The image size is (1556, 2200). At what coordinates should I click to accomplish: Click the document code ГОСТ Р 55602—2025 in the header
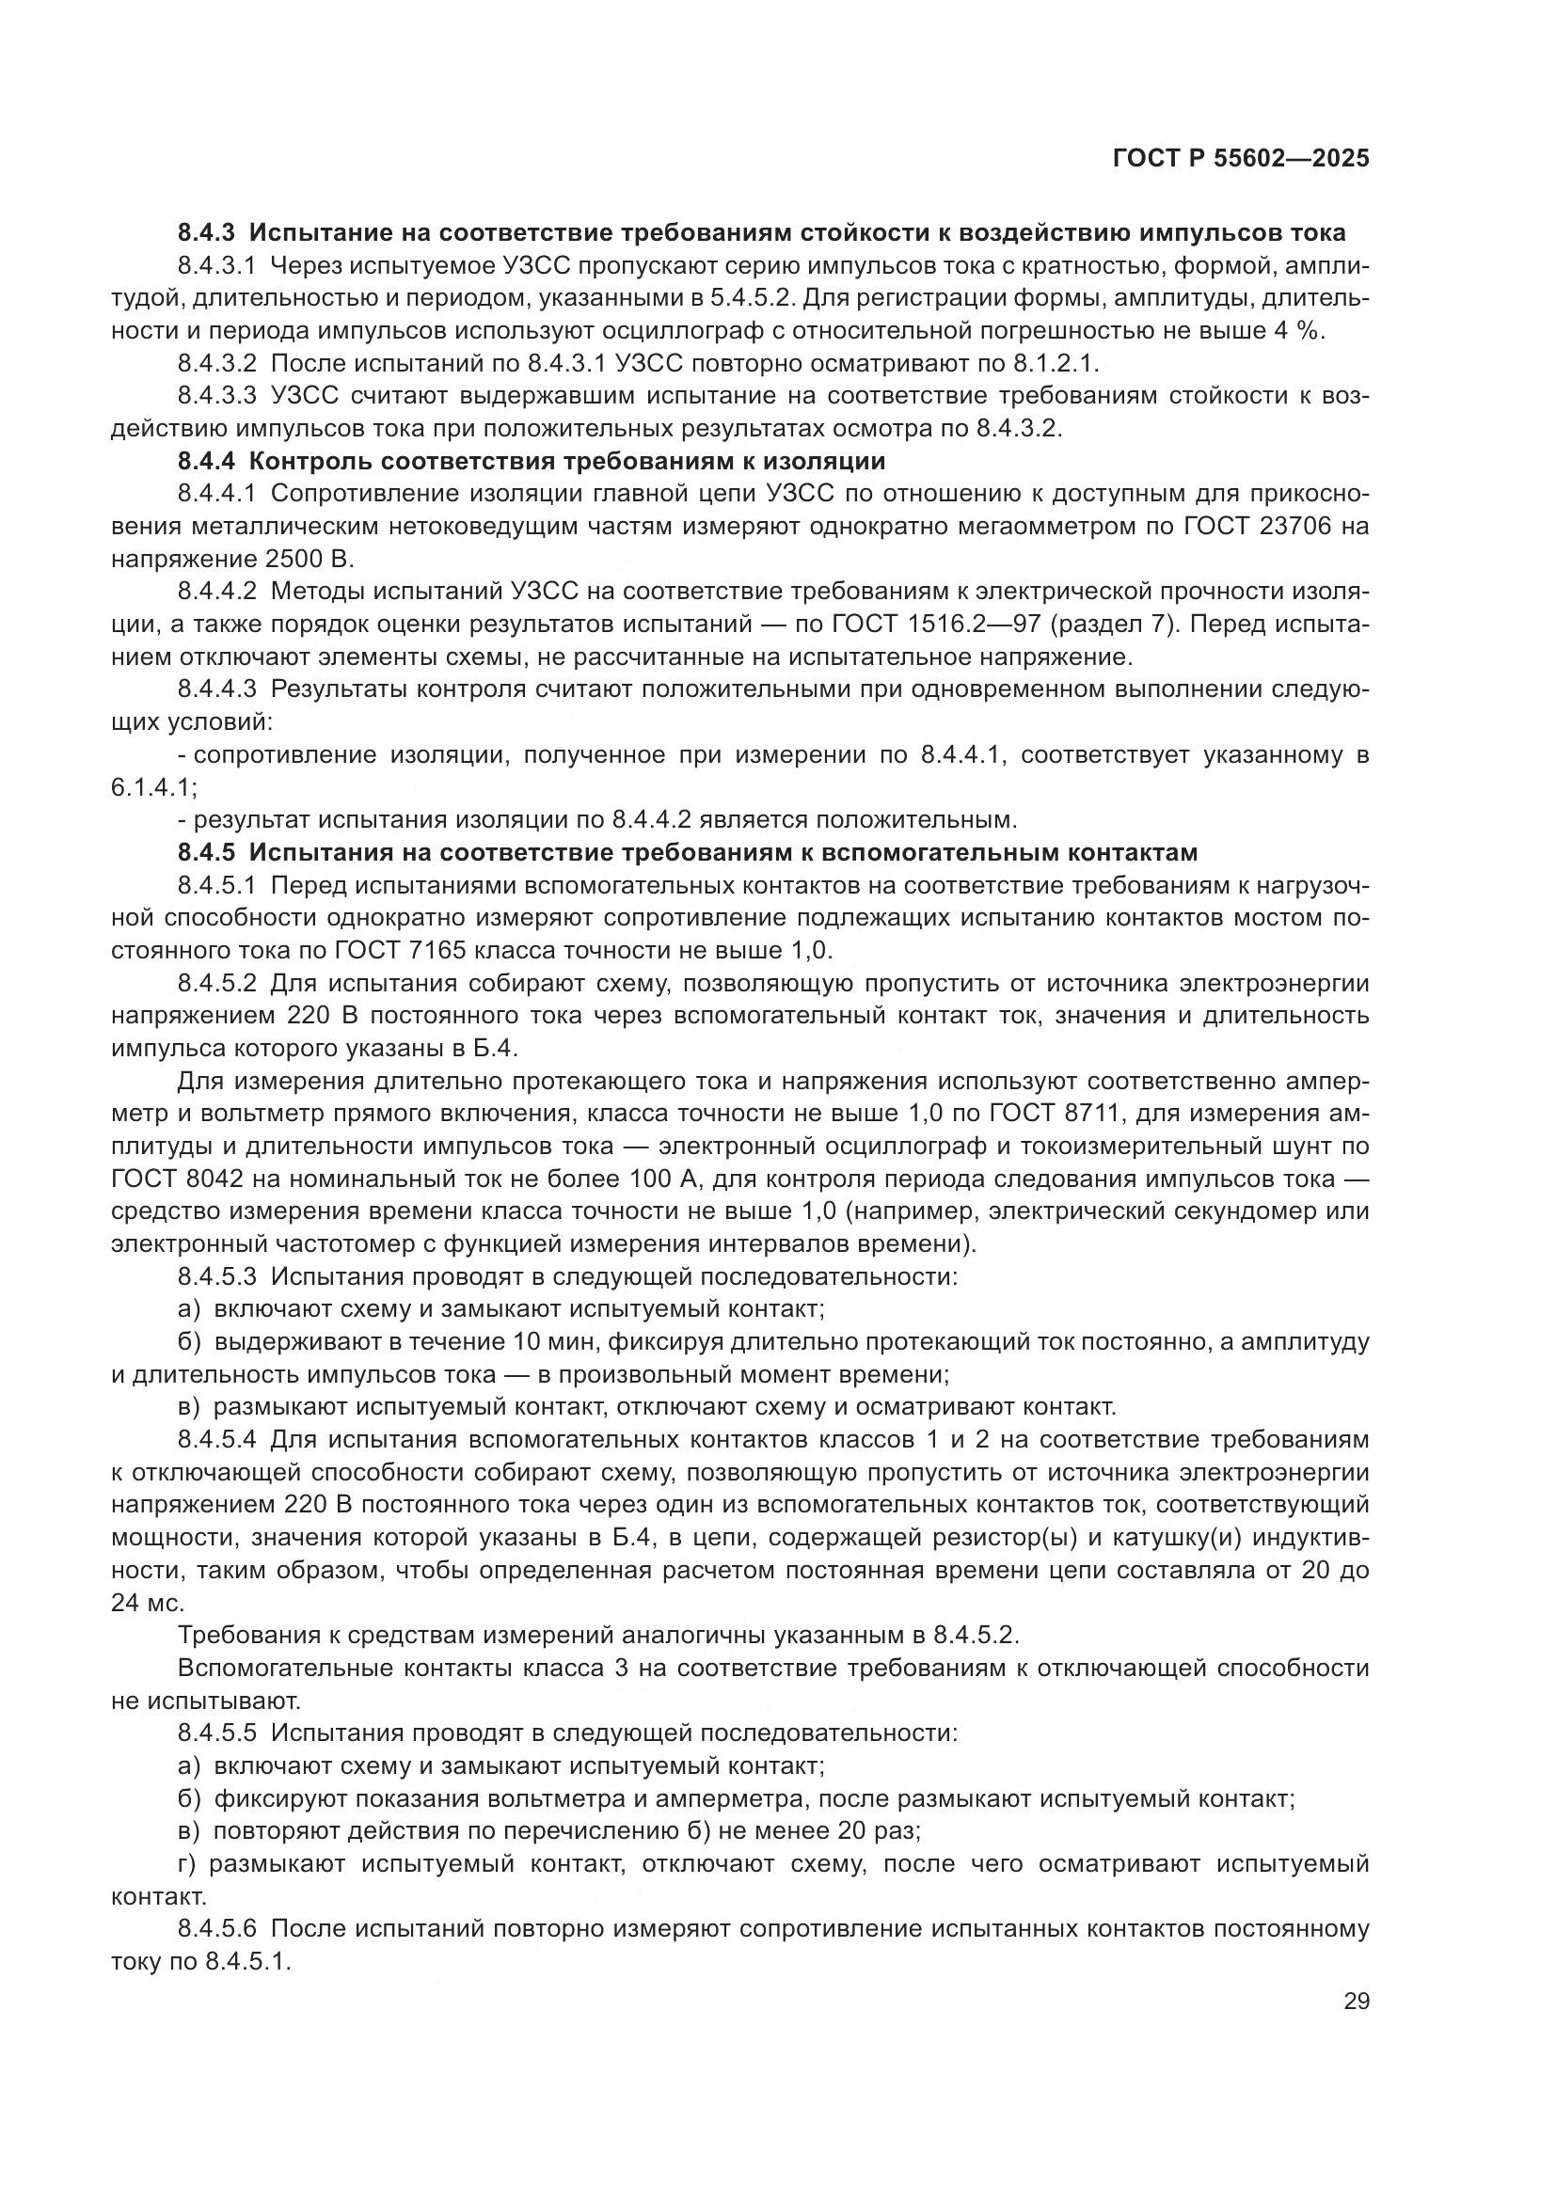pos(1241,159)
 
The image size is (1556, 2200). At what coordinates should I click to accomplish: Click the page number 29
pos(1356,2002)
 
